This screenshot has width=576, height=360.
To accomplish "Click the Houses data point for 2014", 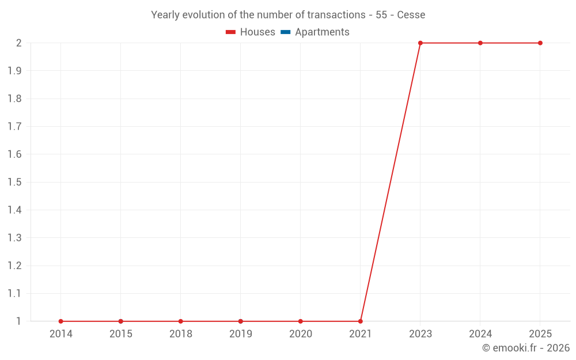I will pyautogui.click(x=60, y=321).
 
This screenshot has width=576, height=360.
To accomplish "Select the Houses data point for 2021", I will pyautogui.click(x=361, y=321).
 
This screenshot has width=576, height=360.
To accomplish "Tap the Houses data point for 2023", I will pyautogui.click(x=420, y=43).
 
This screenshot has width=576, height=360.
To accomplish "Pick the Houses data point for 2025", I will pyautogui.click(x=540, y=43).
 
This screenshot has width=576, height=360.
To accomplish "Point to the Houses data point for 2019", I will pyautogui.click(x=241, y=321).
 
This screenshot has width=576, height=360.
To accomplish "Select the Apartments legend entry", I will pyautogui.click(x=322, y=32).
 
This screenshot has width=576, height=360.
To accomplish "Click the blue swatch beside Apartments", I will pyautogui.click(x=286, y=32).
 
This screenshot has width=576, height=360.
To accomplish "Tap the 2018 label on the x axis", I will pyautogui.click(x=181, y=334).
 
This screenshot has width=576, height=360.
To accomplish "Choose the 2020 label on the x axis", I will pyautogui.click(x=301, y=334).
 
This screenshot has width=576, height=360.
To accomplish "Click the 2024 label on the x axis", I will pyautogui.click(x=480, y=334).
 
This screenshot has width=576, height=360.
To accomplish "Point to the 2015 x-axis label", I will pyautogui.click(x=121, y=334).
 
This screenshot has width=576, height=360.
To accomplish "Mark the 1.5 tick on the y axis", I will pyautogui.click(x=14, y=183).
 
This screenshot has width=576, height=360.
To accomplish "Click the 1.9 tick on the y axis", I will pyautogui.click(x=14, y=71).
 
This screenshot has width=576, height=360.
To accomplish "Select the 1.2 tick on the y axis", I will pyautogui.click(x=14, y=266).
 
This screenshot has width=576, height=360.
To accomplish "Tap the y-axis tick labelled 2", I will pyautogui.click(x=18, y=43).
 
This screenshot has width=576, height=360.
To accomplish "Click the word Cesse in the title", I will pyautogui.click(x=411, y=15).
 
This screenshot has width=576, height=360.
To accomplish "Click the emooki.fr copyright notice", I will pyautogui.click(x=526, y=348).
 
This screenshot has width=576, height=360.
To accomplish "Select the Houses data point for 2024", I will pyautogui.click(x=480, y=43).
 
